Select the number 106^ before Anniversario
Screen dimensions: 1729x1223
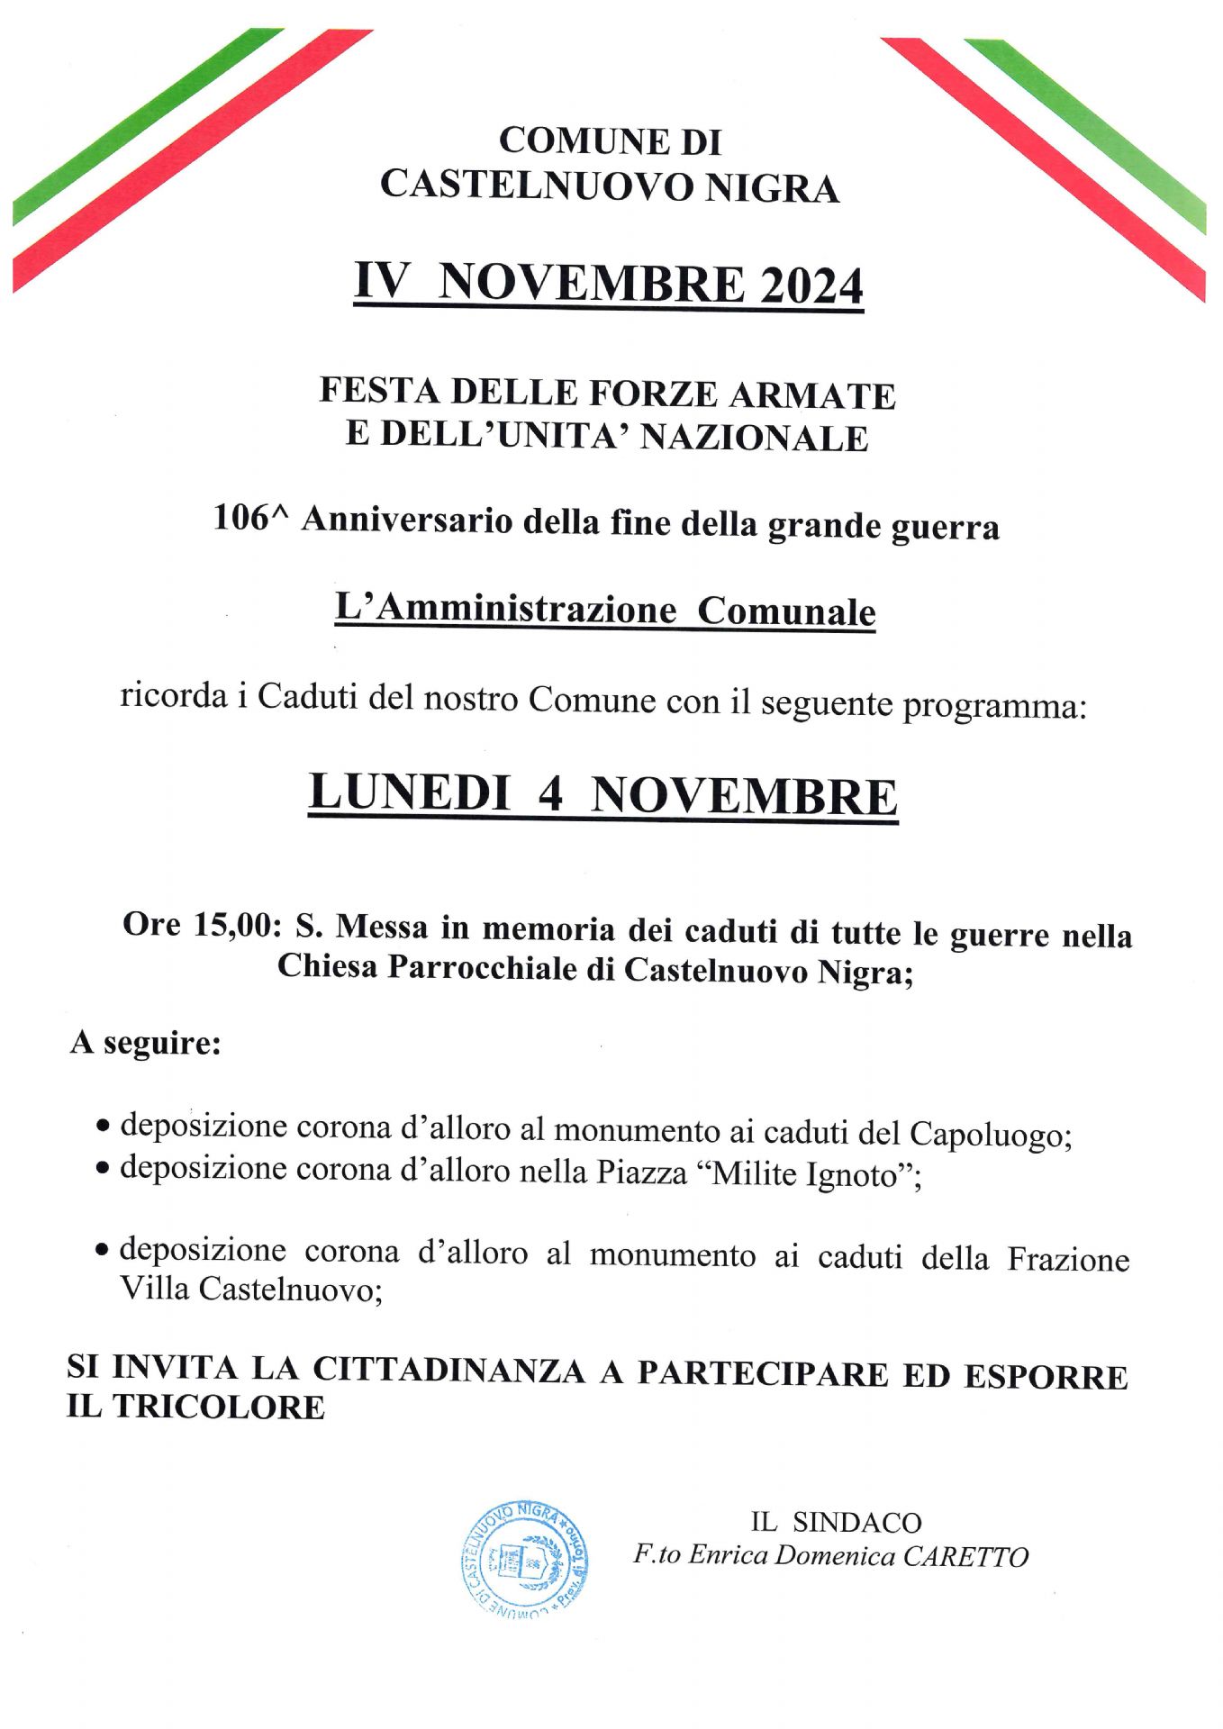[243, 519]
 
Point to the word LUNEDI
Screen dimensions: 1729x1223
[410, 794]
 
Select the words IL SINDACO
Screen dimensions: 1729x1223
[836, 1523]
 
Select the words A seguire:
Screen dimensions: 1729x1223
[146, 1043]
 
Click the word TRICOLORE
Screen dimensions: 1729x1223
[219, 1408]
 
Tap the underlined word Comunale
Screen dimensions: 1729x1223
[786, 611]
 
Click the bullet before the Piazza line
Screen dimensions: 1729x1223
[104, 1169]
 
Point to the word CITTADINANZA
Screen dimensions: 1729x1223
[448, 1370]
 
